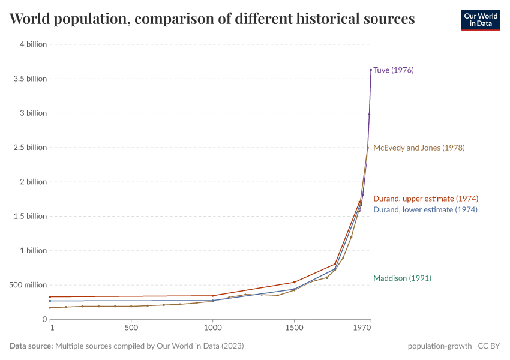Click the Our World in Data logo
480,20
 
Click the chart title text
212,19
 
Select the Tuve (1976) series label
394,70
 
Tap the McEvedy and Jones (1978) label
419,148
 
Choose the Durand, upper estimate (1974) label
425,199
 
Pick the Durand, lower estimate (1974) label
425,210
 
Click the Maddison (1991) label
402,278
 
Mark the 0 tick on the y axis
44,319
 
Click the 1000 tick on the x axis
212,329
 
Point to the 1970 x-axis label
362,329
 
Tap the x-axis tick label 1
52,329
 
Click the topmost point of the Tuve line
371,70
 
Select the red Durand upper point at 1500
294,282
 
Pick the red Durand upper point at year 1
50,296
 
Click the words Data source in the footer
31,346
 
